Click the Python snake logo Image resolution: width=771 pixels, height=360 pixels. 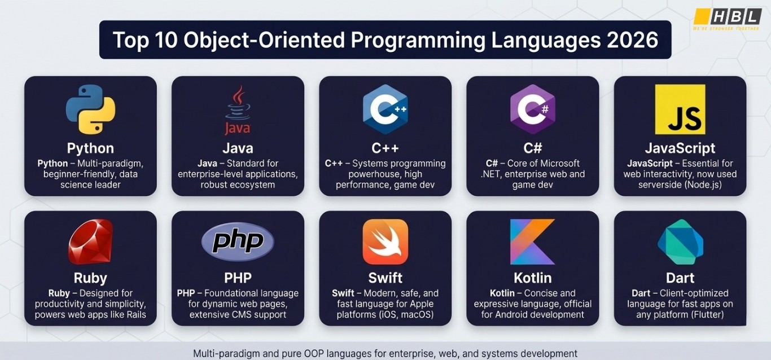[90, 109]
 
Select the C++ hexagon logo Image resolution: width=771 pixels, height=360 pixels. [385, 109]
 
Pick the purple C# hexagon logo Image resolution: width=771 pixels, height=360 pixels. [532, 109]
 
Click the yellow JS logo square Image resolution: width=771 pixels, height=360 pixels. [680, 109]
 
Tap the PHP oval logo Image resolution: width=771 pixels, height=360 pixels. [238, 242]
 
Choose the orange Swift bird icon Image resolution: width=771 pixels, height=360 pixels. [385, 242]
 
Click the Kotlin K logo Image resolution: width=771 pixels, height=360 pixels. [532, 242]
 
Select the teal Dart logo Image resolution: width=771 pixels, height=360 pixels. [680, 242]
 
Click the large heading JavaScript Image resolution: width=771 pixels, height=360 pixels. [680, 148]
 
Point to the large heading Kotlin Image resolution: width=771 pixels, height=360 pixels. [532, 278]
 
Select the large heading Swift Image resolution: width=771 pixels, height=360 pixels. [385, 278]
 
